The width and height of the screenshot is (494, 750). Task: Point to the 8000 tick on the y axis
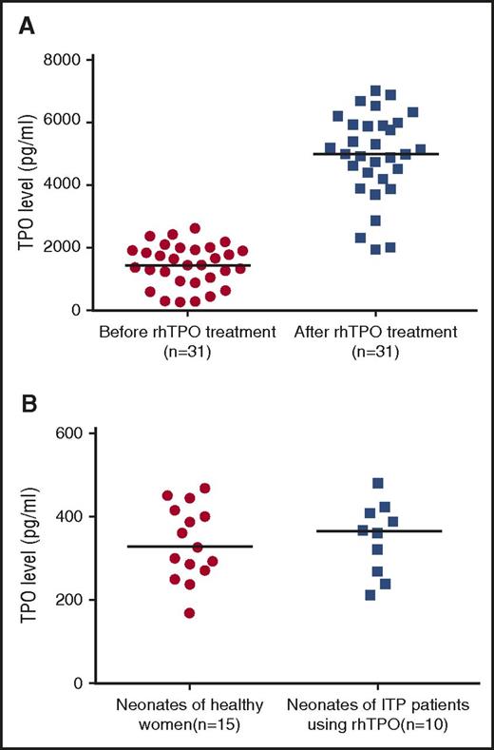click(64, 60)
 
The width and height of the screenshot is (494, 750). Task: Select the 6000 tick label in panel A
click(64, 123)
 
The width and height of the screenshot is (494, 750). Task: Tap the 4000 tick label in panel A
click(64, 185)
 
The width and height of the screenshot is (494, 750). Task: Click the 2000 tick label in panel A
click(64, 248)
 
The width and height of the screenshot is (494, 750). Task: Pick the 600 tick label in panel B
click(70, 433)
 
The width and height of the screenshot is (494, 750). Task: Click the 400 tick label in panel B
click(70, 516)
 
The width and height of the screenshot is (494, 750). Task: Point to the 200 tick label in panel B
click(70, 600)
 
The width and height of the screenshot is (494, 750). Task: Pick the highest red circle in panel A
click(195, 228)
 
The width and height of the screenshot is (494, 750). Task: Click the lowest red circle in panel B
click(190, 613)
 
